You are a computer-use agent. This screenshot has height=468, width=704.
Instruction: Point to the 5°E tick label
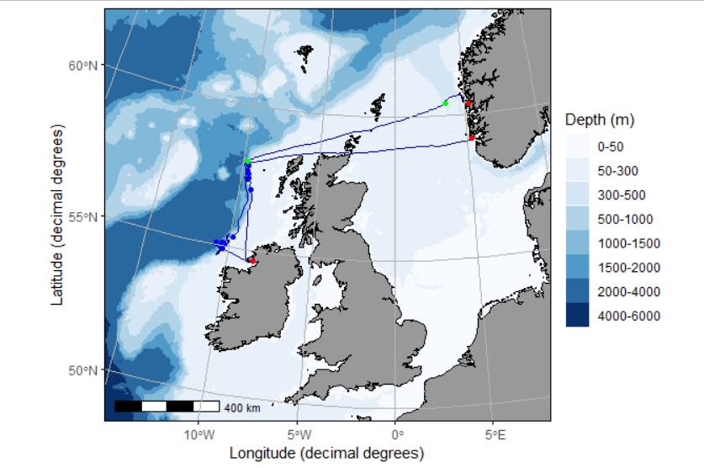pyautogui.click(x=495, y=435)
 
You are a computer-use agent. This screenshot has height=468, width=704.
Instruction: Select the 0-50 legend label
pyautogui.click(x=611, y=146)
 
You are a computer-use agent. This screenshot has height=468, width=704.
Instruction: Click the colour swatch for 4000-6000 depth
pyautogui.click(x=578, y=316)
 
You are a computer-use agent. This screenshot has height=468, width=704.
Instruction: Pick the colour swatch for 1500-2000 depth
pyautogui.click(x=578, y=268)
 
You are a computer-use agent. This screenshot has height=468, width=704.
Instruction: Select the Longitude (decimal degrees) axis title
pyautogui.click(x=326, y=454)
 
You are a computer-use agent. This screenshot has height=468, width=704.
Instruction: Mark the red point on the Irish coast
pyautogui.click(x=252, y=261)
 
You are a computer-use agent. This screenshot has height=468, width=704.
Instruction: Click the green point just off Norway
pyautogui.click(x=446, y=103)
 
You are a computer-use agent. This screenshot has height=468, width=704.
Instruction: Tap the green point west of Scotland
pyautogui.click(x=247, y=161)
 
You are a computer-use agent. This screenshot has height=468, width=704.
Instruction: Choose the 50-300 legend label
pyautogui.click(x=617, y=171)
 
